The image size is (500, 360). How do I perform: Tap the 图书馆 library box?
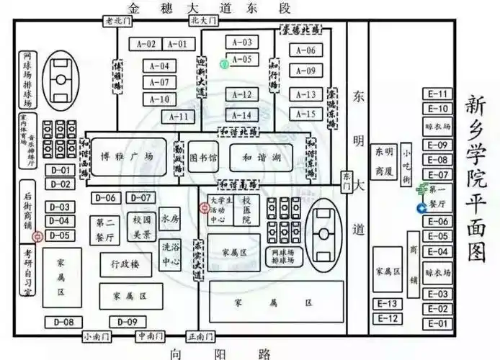coord(202,156)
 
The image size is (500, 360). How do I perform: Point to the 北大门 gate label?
coord(203,21)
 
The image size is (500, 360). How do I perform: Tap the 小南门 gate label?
coord(95,336)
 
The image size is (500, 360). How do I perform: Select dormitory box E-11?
coord(438,94)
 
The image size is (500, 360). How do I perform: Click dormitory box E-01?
coord(438,324)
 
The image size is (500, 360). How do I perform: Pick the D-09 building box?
coord(128,322)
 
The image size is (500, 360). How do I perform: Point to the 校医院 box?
coord(246,210)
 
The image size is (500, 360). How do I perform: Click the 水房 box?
coord(169,218)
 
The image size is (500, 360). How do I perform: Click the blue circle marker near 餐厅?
coord(421,209)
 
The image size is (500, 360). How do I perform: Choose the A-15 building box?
coord(305,114)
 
